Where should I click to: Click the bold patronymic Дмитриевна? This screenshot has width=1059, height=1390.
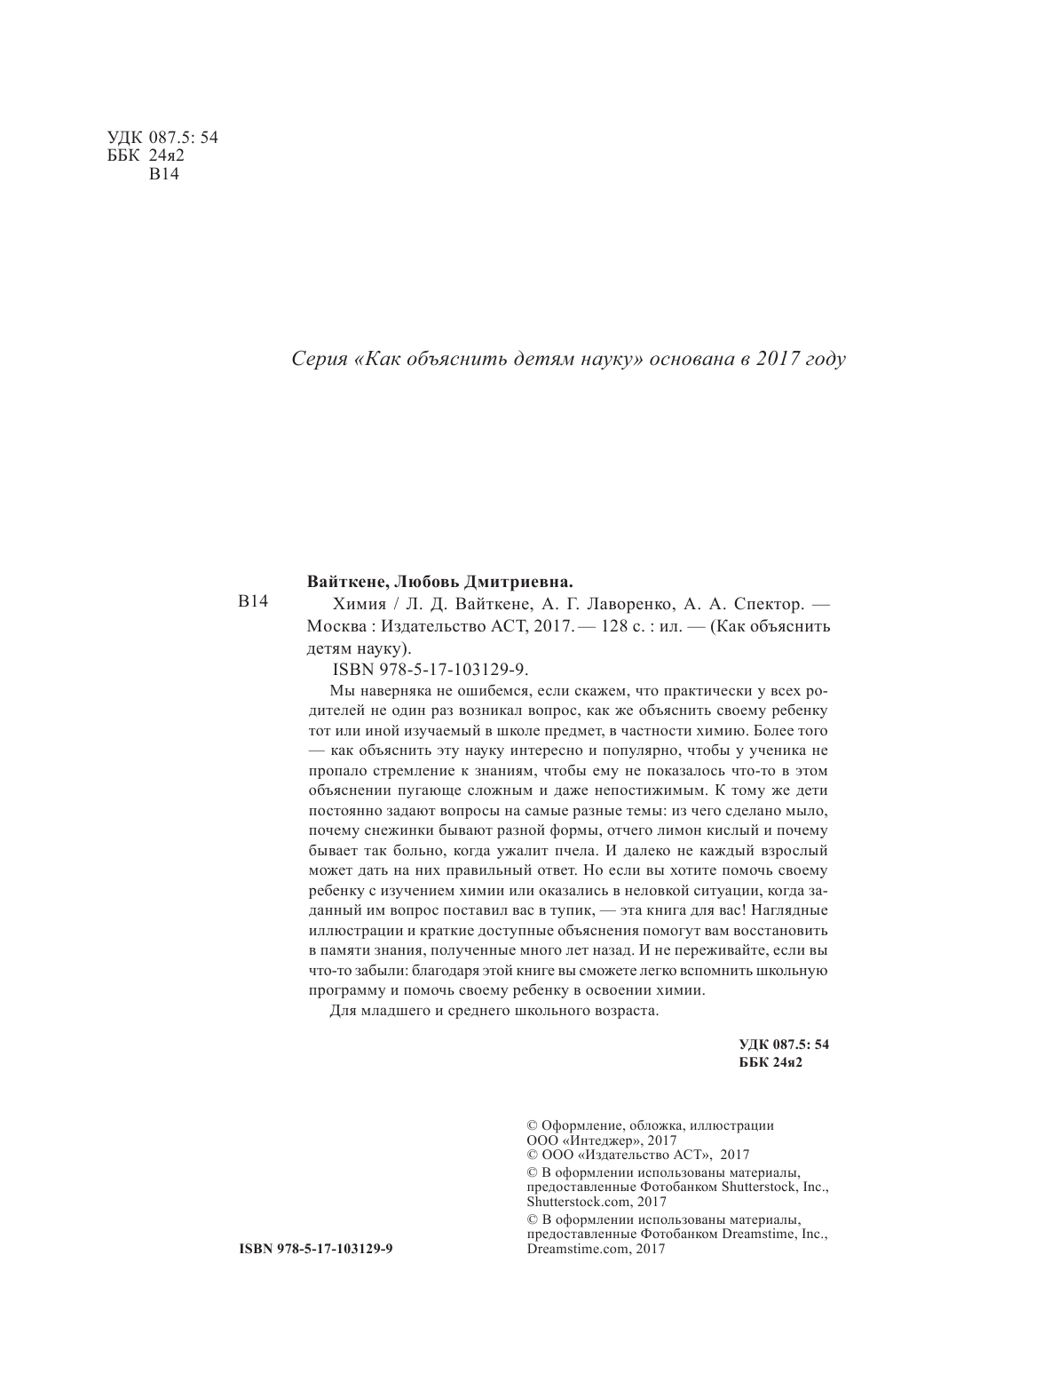[x=520, y=583]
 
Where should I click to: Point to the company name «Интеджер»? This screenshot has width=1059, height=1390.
[x=601, y=1140]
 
